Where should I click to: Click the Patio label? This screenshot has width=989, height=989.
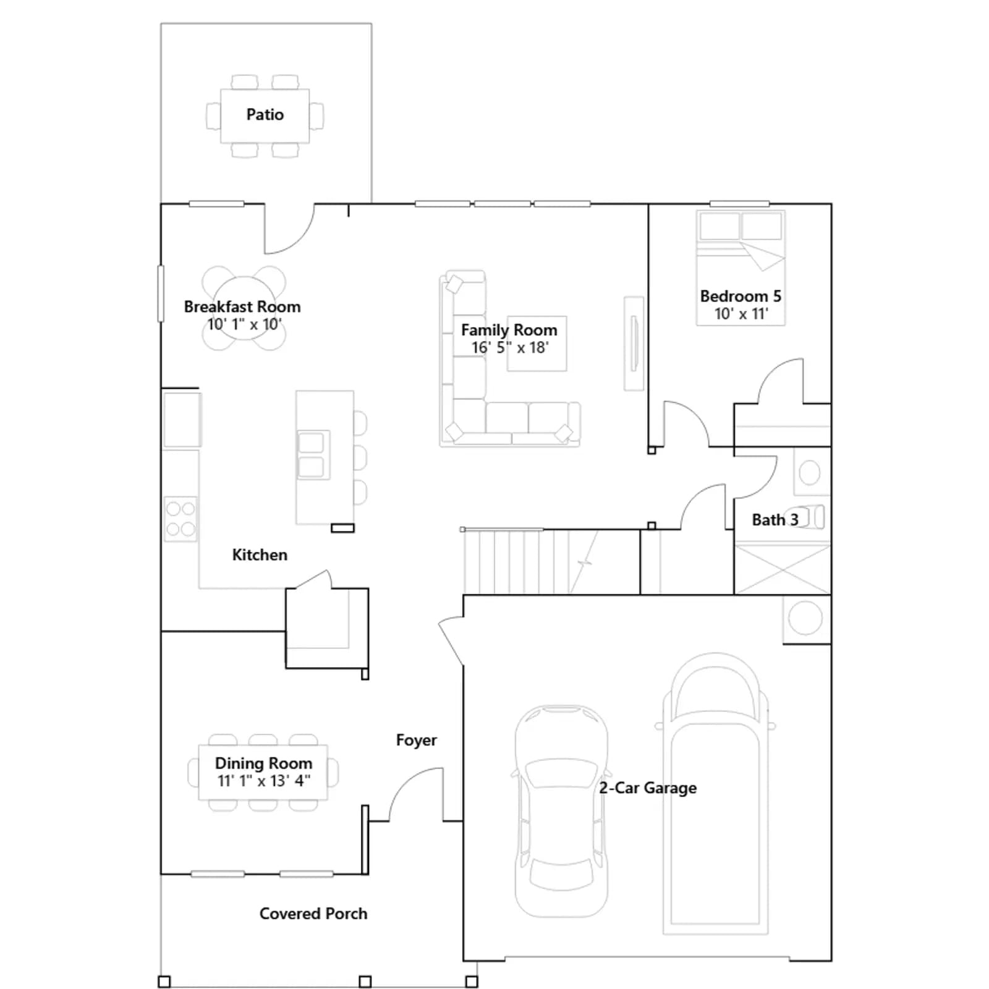(x=265, y=115)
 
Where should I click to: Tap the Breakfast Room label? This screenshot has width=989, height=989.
(x=242, y=307)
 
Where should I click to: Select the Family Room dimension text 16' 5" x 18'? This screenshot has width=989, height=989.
(x=510, y=347)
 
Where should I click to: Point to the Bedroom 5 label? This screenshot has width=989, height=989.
(x=741, y=296)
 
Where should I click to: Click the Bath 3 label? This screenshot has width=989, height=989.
(x=775, y=520)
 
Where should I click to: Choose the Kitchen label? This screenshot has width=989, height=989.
(x=260, y=555)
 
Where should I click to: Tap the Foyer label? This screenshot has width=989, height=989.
(x=416, y=740)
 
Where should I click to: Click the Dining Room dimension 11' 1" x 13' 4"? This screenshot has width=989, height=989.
(x=264, y=781)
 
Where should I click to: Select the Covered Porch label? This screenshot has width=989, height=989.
(x=313, y=914)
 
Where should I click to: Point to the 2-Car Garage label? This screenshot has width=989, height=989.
(x=648, y=787)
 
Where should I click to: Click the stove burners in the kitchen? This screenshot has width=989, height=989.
(x=180, y=519)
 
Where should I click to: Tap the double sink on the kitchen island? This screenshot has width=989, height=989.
(x=311, y=455)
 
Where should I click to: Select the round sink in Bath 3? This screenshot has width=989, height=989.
(x=809, y=473)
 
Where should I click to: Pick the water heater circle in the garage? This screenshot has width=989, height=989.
(x=805, y=618)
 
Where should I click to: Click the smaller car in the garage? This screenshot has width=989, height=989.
(x=561, y=811)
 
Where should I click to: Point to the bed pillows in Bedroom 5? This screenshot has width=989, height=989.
(x=741, y=226)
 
